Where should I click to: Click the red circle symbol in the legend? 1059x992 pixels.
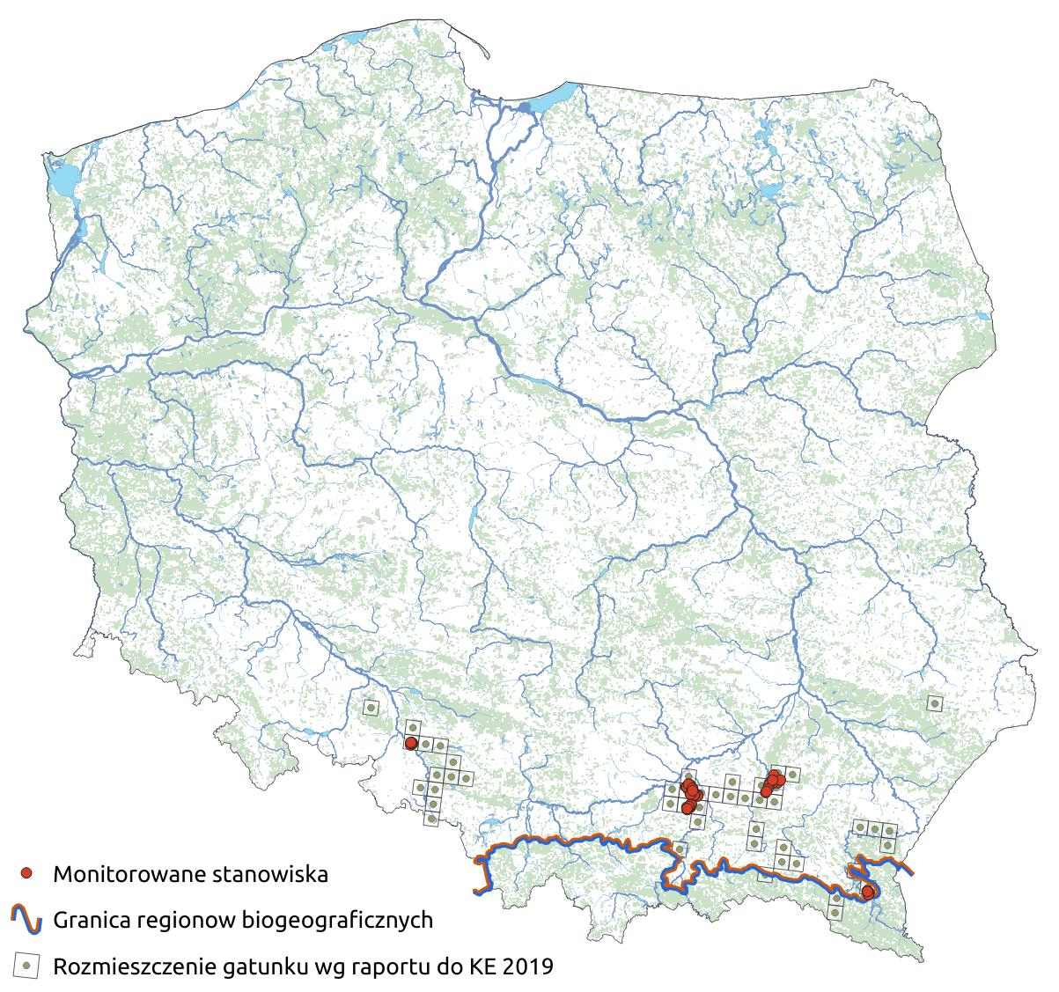click(27, 874)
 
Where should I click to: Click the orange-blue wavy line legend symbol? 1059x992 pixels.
click(27, 920)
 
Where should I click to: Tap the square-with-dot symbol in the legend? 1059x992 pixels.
click(27, 966)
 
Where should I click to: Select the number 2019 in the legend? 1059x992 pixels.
click(526, 966)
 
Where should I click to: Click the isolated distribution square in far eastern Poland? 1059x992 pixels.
click(934, 702)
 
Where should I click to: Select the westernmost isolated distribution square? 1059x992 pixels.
click(371, 707)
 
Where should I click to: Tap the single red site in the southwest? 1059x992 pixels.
click(410, 744)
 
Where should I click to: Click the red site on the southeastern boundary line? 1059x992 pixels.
click(868, 892)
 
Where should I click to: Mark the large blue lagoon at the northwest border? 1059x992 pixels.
click(63, 181)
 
